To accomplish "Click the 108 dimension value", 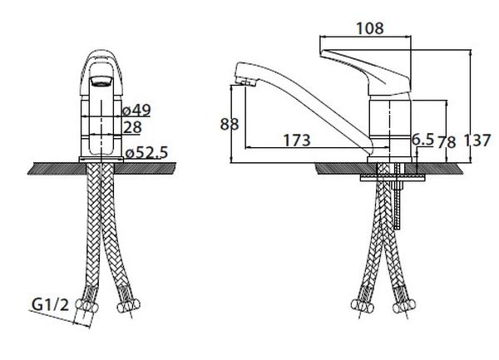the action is [370, 28].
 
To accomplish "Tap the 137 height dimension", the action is [477, 141].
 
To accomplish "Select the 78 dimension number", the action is [446, 142].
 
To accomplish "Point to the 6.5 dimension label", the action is [423, 139].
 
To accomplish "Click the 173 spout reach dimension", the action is [297, 141].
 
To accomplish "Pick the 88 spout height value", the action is [230, 124].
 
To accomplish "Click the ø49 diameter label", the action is [137, 111].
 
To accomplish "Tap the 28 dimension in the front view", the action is [132, 127].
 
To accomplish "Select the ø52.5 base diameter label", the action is [146, 153].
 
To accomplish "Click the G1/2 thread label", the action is [50, 304].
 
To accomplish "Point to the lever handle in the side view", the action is [365, 72].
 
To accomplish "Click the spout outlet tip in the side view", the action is [245, 82].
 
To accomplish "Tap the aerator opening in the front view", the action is [101, 81].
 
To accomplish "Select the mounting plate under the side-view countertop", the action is [393, 178].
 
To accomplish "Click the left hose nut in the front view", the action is [86, 306].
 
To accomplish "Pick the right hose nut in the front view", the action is [129, 306].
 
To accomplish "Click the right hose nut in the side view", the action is [404, 307].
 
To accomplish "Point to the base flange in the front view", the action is [101, 160].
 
